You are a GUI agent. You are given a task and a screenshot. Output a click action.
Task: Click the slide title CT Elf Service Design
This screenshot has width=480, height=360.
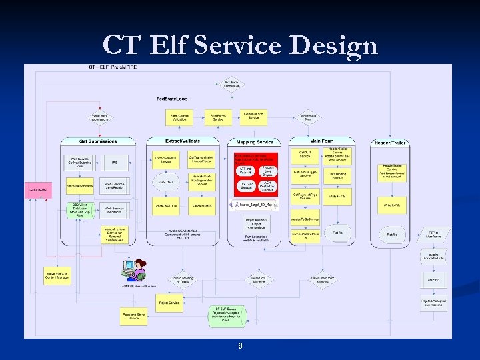[x=240, y=45]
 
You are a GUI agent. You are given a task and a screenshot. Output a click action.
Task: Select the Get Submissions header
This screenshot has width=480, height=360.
[x=98, y=141]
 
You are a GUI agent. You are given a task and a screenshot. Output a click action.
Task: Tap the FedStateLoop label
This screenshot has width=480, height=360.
[x=172, y=98]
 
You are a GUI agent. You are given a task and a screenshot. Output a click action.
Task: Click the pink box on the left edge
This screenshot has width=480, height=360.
[x=39, y=191]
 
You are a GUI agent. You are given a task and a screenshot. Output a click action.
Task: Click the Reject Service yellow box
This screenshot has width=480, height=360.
[x=170, y=303]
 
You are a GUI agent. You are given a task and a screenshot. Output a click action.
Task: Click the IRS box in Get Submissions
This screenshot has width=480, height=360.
[x=115, y=161]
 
